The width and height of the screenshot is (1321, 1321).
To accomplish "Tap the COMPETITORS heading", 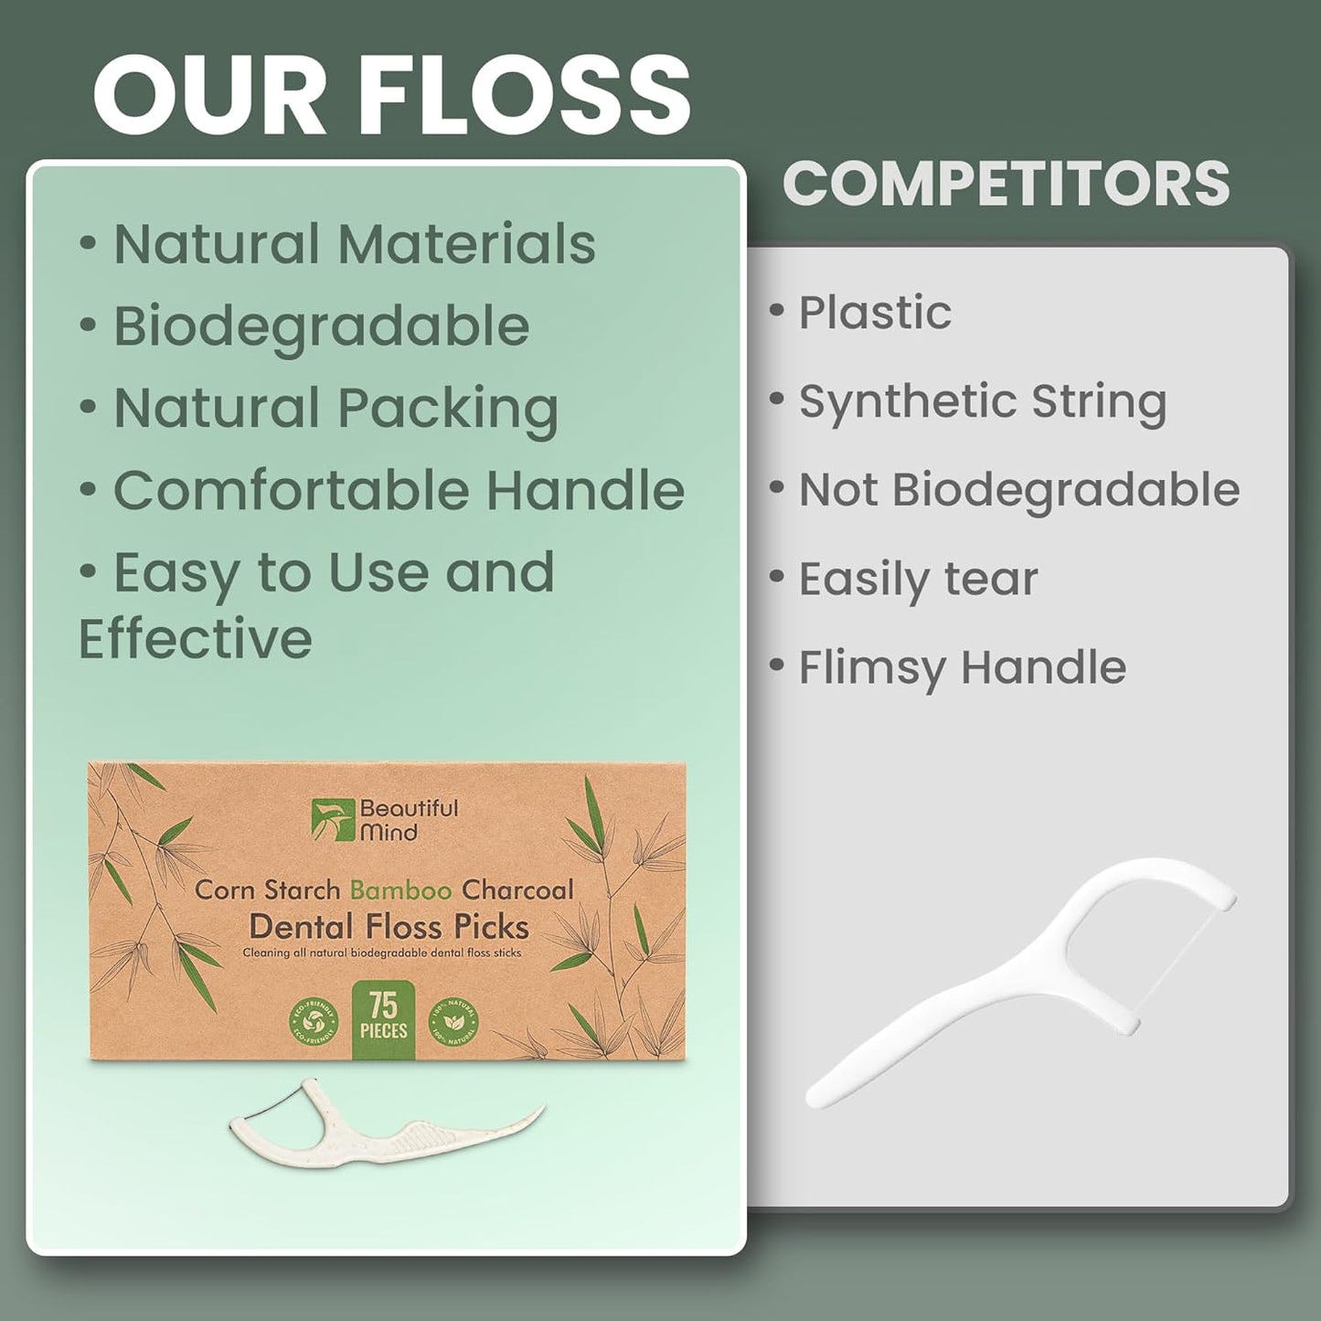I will click(1006, 184).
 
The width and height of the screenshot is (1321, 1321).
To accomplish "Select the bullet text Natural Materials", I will click(354, 244).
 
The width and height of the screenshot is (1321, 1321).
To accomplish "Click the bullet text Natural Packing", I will click(336, 408).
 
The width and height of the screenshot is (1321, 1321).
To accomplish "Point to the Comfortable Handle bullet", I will click(399, 490).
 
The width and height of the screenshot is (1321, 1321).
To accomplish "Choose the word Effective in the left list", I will click(195, 638).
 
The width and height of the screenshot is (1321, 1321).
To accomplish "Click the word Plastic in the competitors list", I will click(875, 313).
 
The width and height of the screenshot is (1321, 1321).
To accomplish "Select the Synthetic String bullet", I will click(982, 401).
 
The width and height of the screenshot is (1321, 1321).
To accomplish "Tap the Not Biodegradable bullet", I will click(1018, 490).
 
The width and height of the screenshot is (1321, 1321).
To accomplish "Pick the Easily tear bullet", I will click(918, 579).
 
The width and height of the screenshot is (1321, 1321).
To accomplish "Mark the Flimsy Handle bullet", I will click(962, 667).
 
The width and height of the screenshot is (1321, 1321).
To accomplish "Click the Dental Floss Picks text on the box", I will click(389, 927).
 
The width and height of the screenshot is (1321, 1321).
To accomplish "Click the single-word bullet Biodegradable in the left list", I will click(321, 326).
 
